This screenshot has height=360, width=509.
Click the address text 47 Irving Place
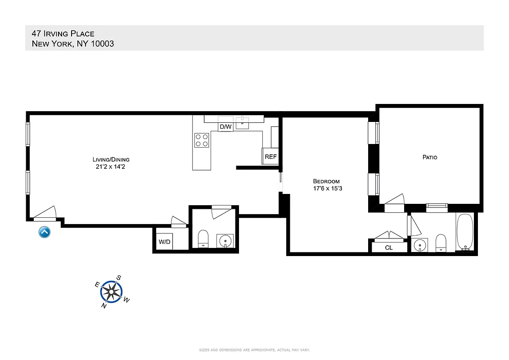(63, 33)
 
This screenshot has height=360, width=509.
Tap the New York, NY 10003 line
(72, 44)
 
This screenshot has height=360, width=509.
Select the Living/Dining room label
(111, 159)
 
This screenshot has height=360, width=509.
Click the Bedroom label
(326, 181)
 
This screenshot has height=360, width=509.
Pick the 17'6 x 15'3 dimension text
(327, 189)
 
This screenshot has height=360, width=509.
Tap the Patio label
(429, 157)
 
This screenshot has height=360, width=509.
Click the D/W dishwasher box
(225, 127)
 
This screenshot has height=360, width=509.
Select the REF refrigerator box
(270, 157)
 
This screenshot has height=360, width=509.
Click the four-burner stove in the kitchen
(201, 140)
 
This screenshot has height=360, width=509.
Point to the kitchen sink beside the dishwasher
(243, 122)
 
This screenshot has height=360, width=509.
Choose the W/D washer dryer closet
(164, 242)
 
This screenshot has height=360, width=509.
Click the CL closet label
(389, 247)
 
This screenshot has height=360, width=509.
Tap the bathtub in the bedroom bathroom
(464, 232)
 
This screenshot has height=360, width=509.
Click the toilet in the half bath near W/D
(203, 239)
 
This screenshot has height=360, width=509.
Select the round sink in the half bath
(224, 241)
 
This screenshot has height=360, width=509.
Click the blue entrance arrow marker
(45, 232)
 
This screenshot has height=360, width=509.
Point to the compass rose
(110, 292)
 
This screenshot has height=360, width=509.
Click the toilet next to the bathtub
(441, 243)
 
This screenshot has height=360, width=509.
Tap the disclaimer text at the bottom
(254, 350)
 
